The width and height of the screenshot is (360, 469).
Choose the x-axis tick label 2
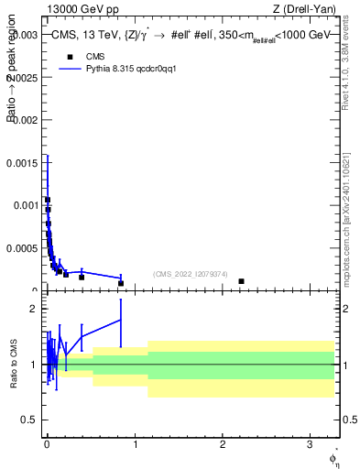coord(224,442)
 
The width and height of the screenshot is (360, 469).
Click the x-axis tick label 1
coord(136,442)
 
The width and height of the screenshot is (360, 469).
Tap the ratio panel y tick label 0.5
coord(30,420)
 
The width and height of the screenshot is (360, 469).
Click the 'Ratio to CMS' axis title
coord(14,365)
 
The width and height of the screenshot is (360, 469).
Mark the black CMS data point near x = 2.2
coord(241,281)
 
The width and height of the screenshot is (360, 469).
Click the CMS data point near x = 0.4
coord(82,277)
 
